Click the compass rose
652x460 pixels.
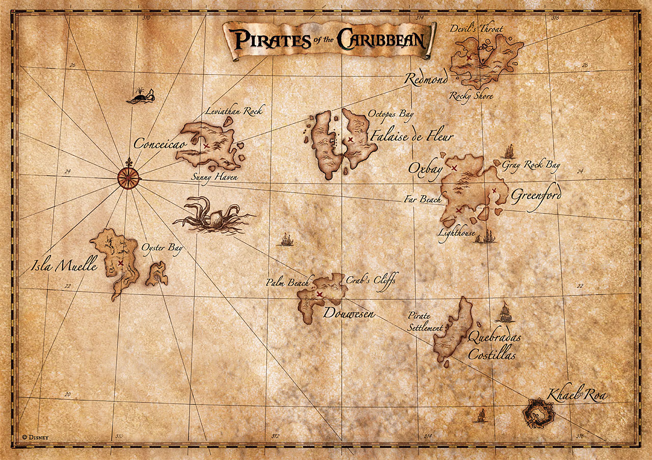click(x=128, y=176)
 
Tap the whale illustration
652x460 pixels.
click(x=141, y=97)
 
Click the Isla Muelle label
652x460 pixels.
click(x=64, y=265)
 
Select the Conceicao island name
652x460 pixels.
click(x=160, y=144)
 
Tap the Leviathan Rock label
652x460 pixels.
click(x=235, y=111)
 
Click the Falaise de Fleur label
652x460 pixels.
click(x=412, y=137)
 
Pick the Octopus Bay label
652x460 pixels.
click(x=391, y=115)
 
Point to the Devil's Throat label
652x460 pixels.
click(x=476, y=29)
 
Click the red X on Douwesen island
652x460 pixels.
click(x=319, y=294)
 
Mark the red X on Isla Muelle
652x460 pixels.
click(x=120, y=263)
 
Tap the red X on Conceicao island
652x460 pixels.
click(x=206, y=146)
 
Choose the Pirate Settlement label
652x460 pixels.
click(x=425, y=322)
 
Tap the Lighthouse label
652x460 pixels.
click(x=456, y=233)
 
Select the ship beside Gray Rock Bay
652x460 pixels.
click(x=508, y=151)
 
